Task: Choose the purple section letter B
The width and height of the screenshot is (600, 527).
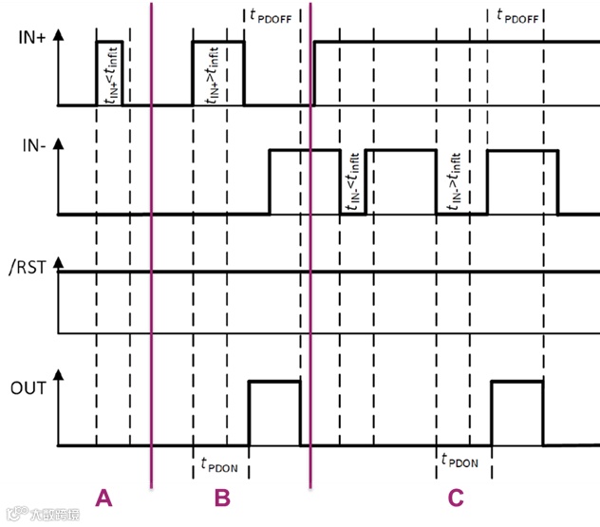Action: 221,498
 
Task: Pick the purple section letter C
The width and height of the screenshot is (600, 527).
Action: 456,498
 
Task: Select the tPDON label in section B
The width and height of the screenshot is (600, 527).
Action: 219,464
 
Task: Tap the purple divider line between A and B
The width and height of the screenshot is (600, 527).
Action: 151,247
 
